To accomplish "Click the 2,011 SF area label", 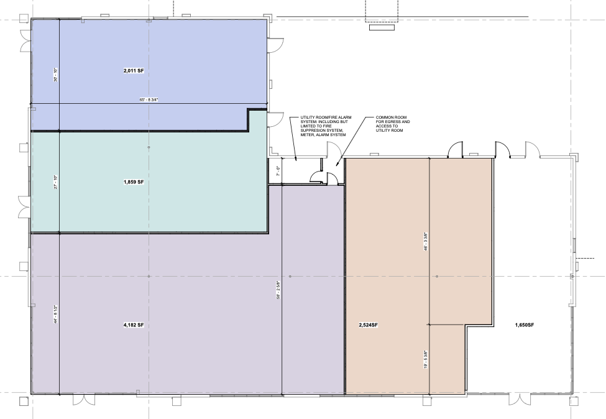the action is [134, 71].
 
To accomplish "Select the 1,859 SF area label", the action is [134, 182].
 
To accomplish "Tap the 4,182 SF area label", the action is [134, 325].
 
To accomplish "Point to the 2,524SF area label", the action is [369, 325].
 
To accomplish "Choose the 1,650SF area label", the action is [525, 325].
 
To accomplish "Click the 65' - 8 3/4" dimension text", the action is [149, 99].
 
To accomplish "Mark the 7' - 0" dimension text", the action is [278, 171].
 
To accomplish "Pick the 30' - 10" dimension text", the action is [56, 75].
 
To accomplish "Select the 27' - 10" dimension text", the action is [56, 182].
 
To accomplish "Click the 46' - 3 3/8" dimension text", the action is [426, 242].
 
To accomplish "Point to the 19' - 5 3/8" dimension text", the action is [426, 359].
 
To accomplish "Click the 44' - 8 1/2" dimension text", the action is [56, 315].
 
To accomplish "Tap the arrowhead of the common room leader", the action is [337, 164].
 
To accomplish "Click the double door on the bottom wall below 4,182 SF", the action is [84, 400].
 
